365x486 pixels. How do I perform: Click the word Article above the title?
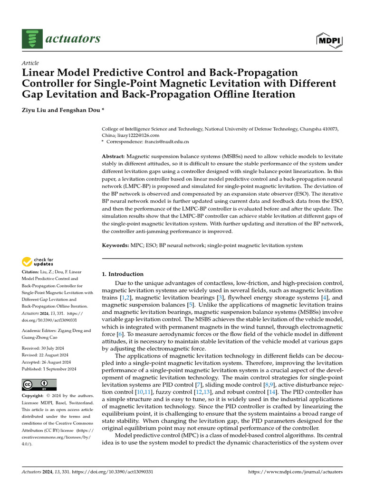30,63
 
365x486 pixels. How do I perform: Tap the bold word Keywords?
115,245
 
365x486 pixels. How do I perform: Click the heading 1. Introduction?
123,274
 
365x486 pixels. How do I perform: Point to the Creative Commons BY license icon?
39,384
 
